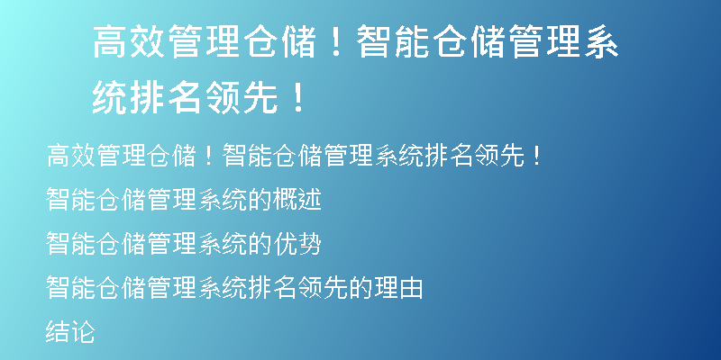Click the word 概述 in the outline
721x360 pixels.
(x=297, y=200)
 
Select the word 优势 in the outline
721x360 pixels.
(x=297, y=244)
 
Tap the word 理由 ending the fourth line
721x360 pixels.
(x=398, y=288)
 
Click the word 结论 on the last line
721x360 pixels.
(x=70, y=332)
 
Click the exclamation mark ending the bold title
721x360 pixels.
(x=299, y=98)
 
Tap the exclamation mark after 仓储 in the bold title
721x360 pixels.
(x=336, y=41)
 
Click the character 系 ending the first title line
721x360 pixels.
(x=600, y=41)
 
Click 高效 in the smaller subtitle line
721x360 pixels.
(x=71, y=156)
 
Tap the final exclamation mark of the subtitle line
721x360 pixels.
(x=537, y=156)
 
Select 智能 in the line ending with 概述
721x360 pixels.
(x=70, y=200)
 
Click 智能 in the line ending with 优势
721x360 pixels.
(x=70, y=244)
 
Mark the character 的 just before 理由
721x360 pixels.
(x=361, y=288)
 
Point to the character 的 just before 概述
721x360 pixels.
(x=260, y=200)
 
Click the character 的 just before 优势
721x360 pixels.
(x=260, y=244)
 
